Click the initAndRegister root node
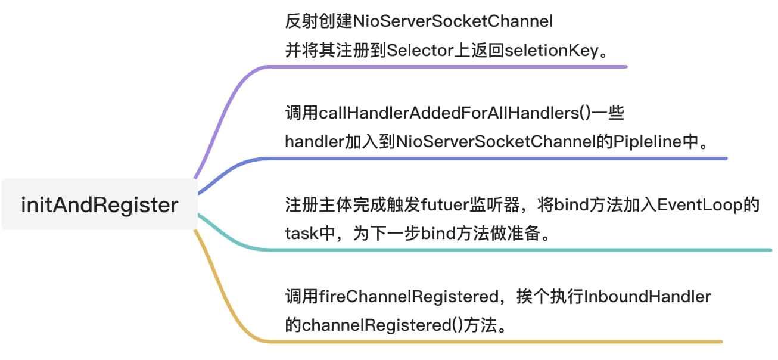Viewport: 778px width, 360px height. point(99,204)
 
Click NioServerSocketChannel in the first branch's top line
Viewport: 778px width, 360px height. point(453,21)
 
